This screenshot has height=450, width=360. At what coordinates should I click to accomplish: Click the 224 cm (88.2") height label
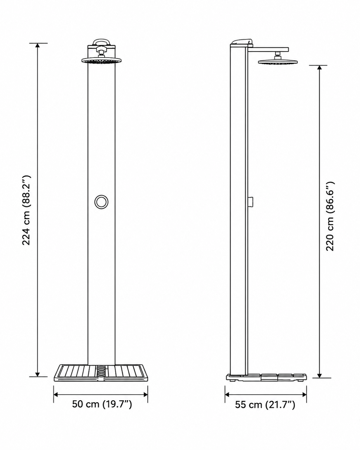[27, 210]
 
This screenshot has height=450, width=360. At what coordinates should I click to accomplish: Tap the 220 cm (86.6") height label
[330, 216]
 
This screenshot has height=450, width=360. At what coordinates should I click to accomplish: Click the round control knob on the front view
[101, 202]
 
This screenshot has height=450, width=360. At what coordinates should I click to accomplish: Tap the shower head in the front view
[101, 61]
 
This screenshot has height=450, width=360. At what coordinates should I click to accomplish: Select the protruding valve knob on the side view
[251, 202]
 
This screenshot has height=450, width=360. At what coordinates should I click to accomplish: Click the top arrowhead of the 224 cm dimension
[38, 46]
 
